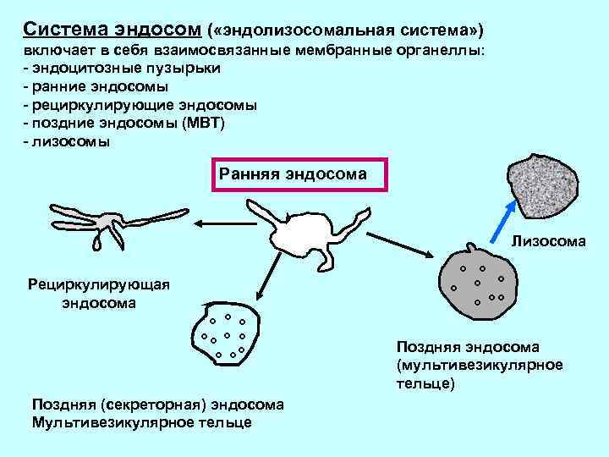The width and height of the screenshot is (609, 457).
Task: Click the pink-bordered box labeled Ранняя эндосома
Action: click(301, 174)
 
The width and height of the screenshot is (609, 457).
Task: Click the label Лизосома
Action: click(548, 242)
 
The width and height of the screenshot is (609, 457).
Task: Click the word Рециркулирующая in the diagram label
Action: click(99, 284)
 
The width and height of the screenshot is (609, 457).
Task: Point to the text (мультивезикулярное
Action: click(479, 365)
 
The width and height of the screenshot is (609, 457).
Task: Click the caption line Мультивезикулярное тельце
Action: click(141, 421)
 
